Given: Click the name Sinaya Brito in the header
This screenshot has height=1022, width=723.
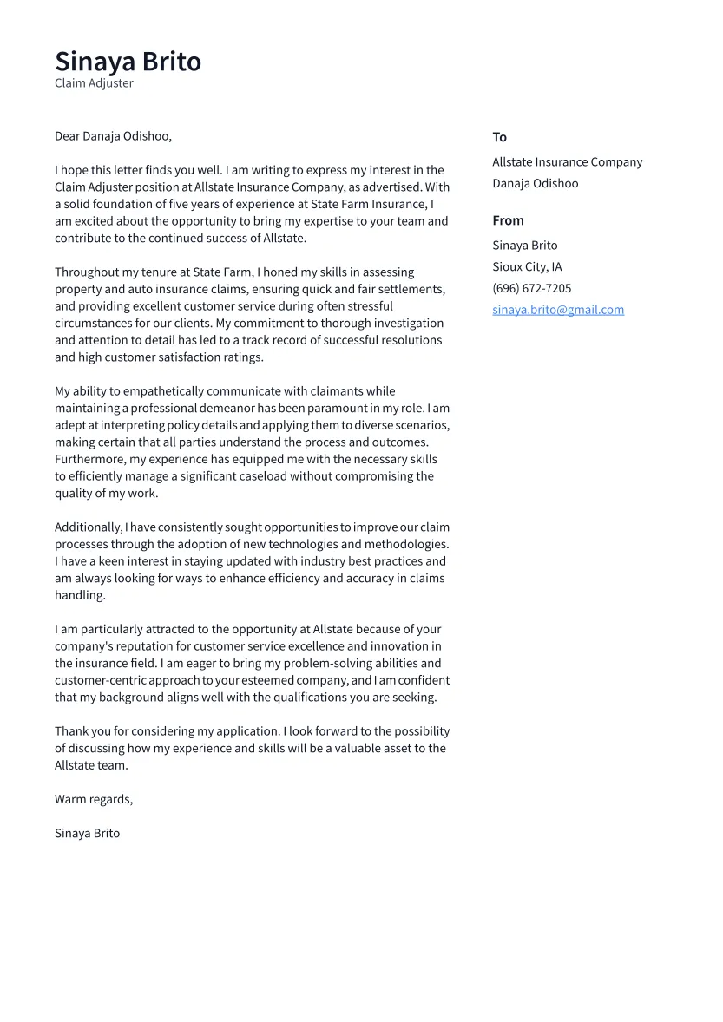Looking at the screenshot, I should coord(128,62).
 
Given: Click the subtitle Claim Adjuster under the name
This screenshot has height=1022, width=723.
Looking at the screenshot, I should coord(94,83).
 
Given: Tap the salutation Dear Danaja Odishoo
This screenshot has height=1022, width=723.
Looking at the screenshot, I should coord(113,136).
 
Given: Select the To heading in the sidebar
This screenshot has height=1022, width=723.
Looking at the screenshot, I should coord(499,137).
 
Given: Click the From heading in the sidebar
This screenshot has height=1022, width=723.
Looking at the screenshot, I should coord(508,220).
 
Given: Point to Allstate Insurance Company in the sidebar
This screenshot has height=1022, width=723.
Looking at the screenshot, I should coord(567,162).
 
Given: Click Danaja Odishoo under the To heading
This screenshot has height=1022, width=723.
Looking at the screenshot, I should coord(535,183).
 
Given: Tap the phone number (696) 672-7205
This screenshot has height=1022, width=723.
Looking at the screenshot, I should coord(531,288).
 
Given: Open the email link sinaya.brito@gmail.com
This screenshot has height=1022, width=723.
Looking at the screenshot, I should coord(558,310).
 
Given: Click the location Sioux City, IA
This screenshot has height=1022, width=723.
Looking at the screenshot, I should coord(527,266).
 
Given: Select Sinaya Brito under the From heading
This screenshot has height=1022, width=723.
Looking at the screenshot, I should coord(524,246).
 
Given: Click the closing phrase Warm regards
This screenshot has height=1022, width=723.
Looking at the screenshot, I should coord(93,799).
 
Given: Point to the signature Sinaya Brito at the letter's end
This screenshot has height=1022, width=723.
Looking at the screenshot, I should coord(87,833).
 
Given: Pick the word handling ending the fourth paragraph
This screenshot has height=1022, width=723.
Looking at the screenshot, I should coord(79,595).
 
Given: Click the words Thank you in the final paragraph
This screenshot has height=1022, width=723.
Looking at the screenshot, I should coord(81,731).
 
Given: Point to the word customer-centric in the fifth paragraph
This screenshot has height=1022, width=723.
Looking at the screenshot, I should coord(100,680).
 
